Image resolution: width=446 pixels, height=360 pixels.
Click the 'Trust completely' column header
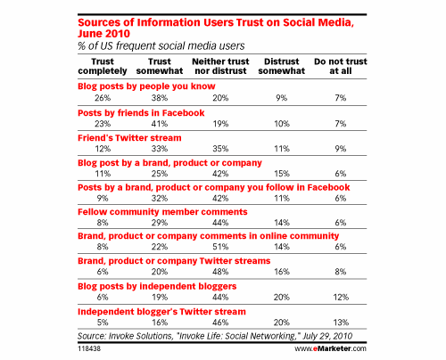pyautogui.click(x=103, y=66)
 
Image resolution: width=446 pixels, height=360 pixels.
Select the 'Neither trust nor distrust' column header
pyautogui.click(x=220, y=66)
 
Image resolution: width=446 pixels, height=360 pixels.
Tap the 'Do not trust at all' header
pyautogui.click(x=341, y=66)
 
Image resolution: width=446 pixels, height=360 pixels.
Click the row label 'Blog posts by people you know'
pyautogui.click(x=146, y=86)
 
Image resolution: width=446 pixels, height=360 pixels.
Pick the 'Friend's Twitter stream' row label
pyautogui.click(x=129, y=138)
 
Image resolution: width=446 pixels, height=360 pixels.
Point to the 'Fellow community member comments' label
pyautogui.click(x=162, y=212)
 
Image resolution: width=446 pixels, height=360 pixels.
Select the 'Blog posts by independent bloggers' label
pyautogui.click(x=157, y=286)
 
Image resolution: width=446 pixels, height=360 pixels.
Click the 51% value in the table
pyautogui.click(x=220, y=247)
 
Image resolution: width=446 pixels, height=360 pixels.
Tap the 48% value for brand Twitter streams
pyautogui.click(x=220, y=272)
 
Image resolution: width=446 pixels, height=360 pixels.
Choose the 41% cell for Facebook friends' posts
pyautogui.click(x=160, y=124)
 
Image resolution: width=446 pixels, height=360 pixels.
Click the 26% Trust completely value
pyautogui.click(x=103, y=98)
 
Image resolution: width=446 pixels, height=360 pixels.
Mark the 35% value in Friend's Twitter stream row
pyautogui.click(x=220, y=149)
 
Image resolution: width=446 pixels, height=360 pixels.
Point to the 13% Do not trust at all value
pyautogui.click(x=341, y=323)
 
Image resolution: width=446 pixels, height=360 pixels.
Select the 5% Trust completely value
pyautogui.click(x=103, y=323)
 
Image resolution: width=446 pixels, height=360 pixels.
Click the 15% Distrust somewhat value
pyautogui.click(x=282, y=174)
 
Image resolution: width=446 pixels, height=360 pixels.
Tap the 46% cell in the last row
pyautogui.click(x=220, y=323)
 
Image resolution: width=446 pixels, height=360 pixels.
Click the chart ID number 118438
pyautogui.click(x=89, y=348)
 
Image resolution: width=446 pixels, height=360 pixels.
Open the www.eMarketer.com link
pyautogui.click(x=331, y=348)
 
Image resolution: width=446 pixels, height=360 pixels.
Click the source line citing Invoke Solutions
pyautogui.click(x=215, y=336)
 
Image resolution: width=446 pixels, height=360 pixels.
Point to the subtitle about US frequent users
pyautogui.click(x=161, y=45)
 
